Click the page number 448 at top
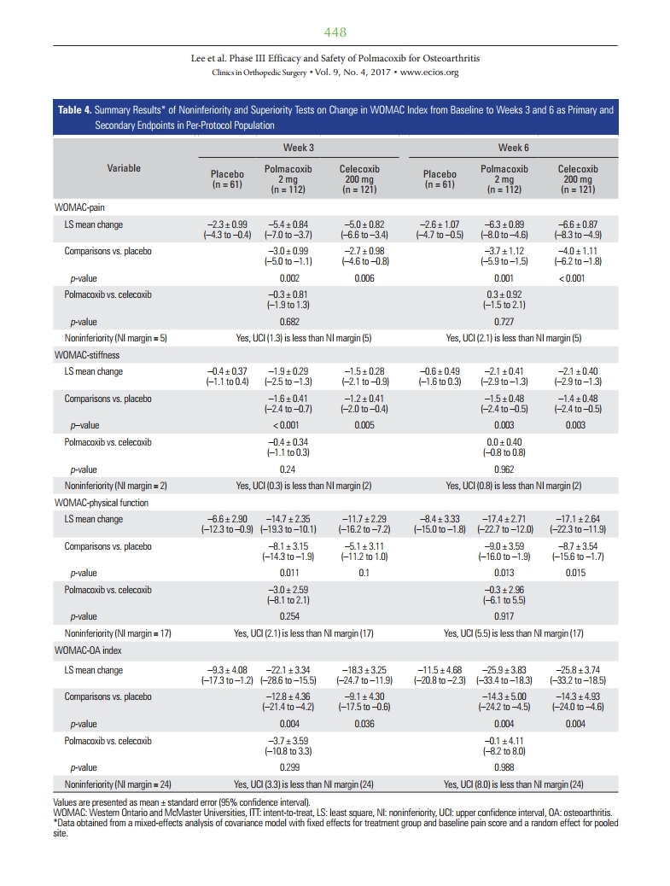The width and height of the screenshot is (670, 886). pos(335,32)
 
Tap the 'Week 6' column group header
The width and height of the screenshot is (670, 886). pos(514,148)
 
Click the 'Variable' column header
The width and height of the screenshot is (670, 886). pos(124,168)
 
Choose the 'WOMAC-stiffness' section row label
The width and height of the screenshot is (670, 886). pos(83,353)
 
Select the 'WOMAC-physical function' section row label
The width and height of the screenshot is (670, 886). pos(98,502)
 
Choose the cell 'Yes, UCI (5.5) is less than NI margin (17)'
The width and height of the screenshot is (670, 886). pos(514,633)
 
